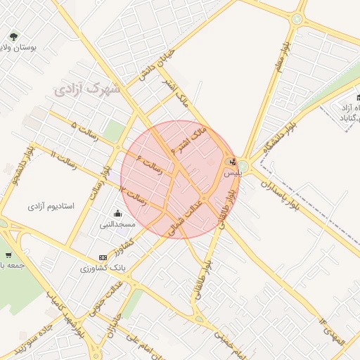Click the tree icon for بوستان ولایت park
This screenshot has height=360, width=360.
(x=13, y=36)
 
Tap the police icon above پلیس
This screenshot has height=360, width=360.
(x=233, y=161)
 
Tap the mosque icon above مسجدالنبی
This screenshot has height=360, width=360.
(x=116, y=214)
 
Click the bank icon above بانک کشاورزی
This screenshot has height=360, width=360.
(x=103, y=257)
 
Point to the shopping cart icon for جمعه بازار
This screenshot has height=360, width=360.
(x=8, y=255)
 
